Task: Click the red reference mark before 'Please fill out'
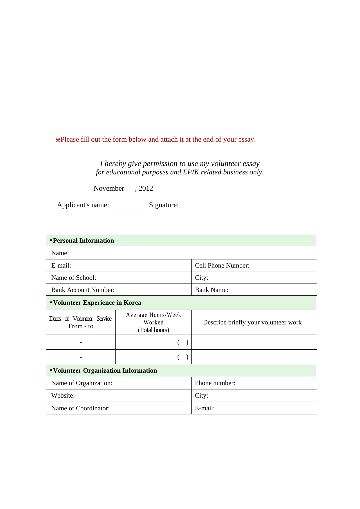coord(58,140)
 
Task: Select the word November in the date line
coord(109,188)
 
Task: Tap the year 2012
coord(146,188)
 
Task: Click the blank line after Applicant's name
coord(129,206)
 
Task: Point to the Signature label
coord(164,205)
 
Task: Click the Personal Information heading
coord(83,241)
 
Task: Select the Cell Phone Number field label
coord(222,266)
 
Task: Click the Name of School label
coord(74,278)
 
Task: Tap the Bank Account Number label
coord(83,290)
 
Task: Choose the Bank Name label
coord(211,290)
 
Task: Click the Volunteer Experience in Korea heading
coord(97,303)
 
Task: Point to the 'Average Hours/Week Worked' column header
coord(153,319)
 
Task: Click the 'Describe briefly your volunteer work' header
coord(252,322)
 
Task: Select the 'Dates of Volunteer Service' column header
coord(80,319)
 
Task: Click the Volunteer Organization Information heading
coord(105,371)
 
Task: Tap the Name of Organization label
coord(82,383)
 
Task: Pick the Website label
coord(63,396)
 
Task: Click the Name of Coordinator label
coord(80,408)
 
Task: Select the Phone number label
coord(215,383)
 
